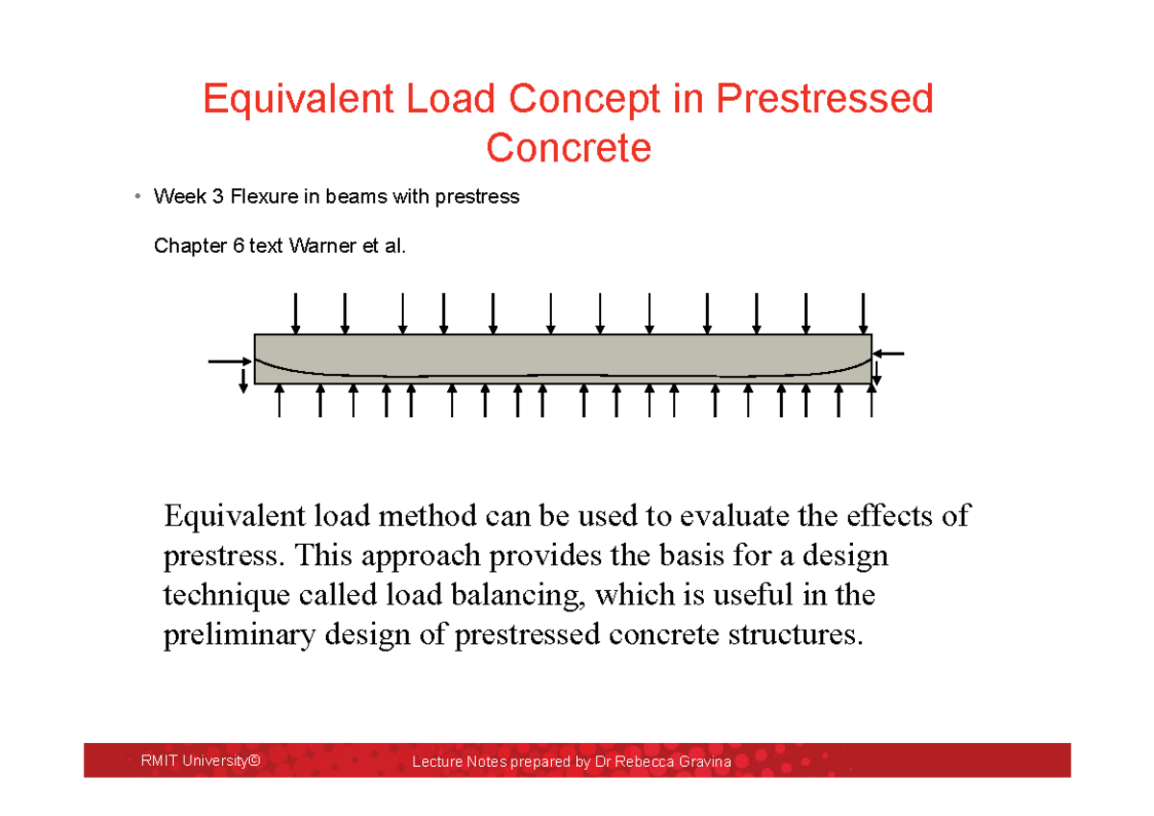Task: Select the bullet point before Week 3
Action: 138,198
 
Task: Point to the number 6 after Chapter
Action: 238,247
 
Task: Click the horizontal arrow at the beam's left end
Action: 229,361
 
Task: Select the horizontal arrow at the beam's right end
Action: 890,354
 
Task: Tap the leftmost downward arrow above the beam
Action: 296,312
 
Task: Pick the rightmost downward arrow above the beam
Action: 864,312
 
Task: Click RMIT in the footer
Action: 159,761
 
